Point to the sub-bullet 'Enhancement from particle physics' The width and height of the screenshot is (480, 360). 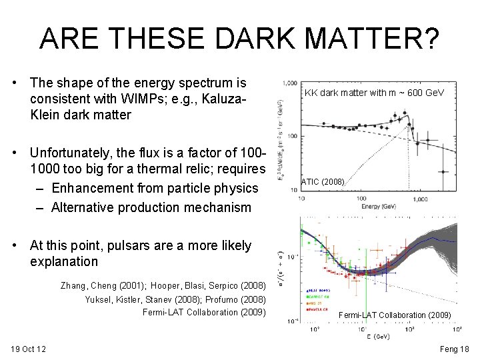[154, 189]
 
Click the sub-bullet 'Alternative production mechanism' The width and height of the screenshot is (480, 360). [151, 207]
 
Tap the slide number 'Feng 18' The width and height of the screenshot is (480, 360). [455, 349]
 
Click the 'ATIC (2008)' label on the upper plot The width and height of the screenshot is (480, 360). [323, 181]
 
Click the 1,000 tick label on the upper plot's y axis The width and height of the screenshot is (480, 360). [289, 83]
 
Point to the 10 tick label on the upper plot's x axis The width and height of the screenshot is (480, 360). [301, 198]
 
